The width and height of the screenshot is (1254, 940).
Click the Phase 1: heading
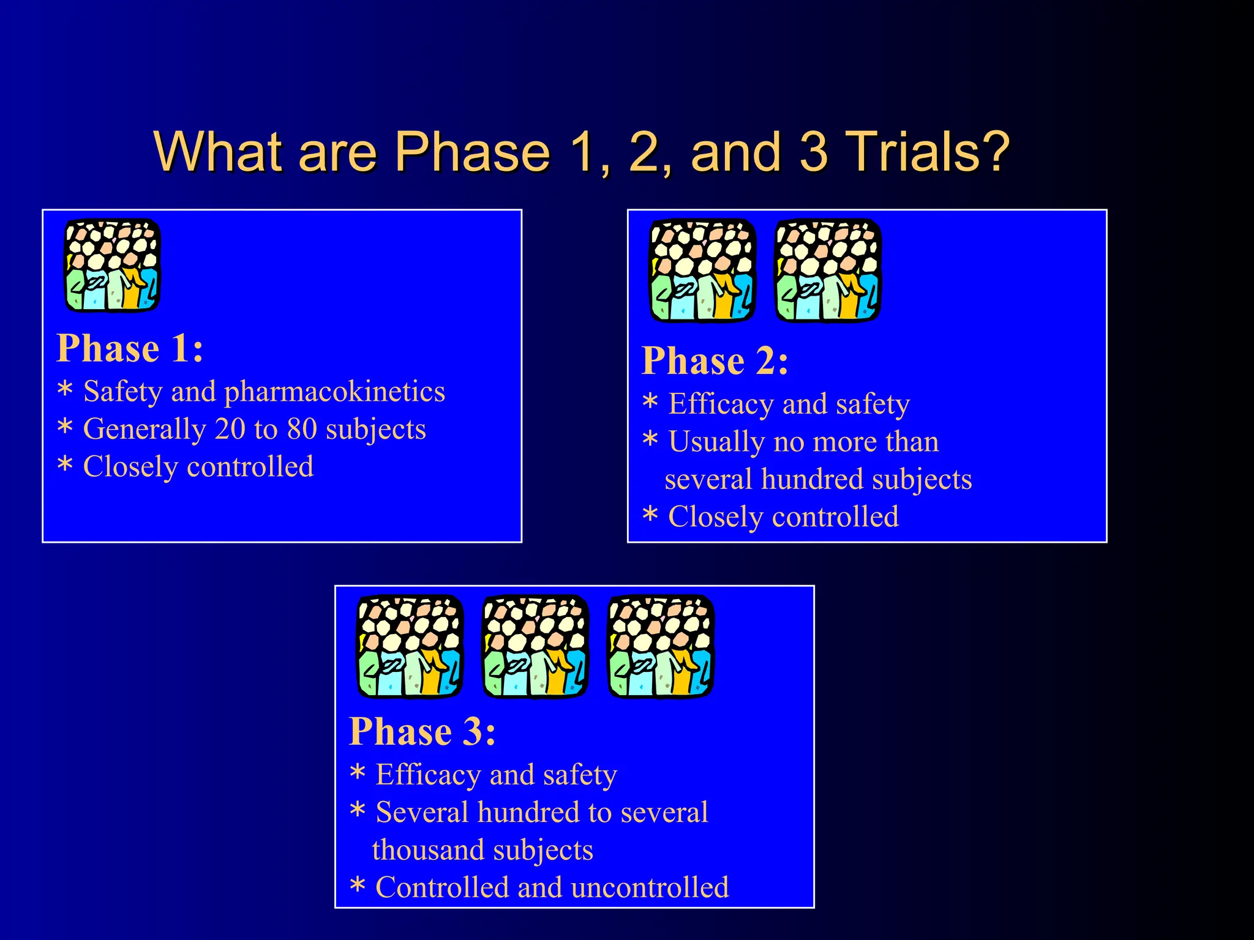click(x=130, y=349)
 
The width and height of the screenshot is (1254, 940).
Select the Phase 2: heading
click(x=715, y=361)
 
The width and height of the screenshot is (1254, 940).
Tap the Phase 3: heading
click(x=422, y=732)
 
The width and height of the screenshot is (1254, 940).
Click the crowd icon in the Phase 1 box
click(x=113, y=265)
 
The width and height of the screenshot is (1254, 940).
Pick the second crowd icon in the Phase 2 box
click(x=828, y=270)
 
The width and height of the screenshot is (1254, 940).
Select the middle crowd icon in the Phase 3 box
click(x=535, y=646)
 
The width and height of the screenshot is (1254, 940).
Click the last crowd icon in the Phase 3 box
click(x=661, y=646)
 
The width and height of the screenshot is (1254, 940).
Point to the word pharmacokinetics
click(x=334, y=392)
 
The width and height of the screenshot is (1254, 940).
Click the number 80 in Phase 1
click(x=302, y=429)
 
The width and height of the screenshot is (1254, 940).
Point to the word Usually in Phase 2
click(x=716, y=442)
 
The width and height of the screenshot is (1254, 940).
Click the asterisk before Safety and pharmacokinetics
click(x=65, y=390)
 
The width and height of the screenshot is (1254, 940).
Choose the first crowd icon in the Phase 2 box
click(x=702, y=270)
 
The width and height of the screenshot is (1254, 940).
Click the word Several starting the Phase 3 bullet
click(x=422, y=813)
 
